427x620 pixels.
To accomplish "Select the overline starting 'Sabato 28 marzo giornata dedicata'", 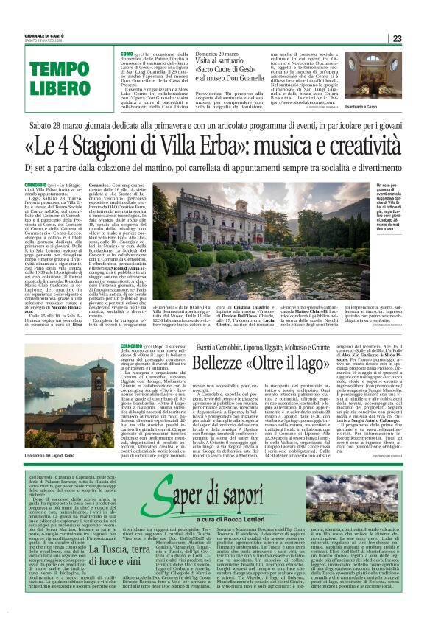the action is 213,123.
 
